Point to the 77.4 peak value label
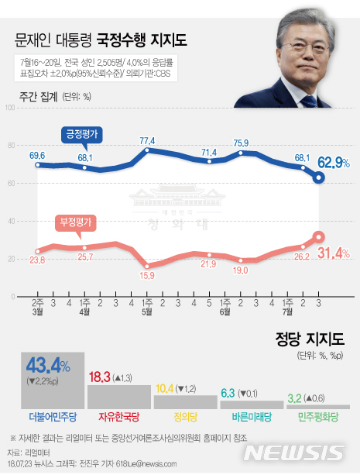tap(147, 140)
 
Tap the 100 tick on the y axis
tap(11, 107)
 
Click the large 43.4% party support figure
tap(48, 364)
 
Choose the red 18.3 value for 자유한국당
tap(100, 377)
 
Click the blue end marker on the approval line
tap(318, 177)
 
